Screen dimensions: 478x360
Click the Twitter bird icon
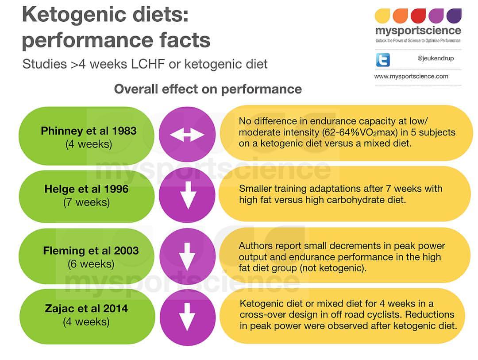pos(382,59)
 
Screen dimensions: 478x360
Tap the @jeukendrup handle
pos(436,58)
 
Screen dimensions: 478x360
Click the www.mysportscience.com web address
pos(411,76)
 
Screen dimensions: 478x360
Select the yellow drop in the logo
pos(382,16)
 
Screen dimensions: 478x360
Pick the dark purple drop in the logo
pos(454,16)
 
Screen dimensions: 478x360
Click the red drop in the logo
pos(418,16)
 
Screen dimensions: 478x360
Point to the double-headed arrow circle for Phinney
pos(187,135)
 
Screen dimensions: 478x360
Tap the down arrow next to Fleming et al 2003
pos(187,256)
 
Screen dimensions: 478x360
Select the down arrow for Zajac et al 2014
pos(187,317)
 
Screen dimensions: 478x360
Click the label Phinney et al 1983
pos(89,131)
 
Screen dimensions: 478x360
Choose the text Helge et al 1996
pos(87,189)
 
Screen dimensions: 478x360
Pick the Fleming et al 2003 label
pos(91,251)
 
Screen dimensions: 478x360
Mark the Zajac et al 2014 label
pos(86,309)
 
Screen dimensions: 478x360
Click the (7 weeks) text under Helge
pos(87,202)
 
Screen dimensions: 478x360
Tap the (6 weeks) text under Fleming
pos(91,264)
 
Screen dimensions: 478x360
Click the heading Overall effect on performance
pos(208,89)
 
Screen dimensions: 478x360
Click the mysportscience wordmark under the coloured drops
pos(418,31)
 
